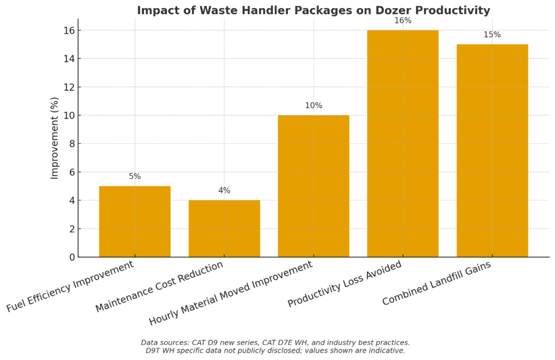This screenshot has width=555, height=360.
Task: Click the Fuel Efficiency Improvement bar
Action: tap(134, 221)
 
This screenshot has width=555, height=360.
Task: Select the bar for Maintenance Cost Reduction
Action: tap(224, 228)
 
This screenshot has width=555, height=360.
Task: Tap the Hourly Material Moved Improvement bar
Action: tap(313, 186)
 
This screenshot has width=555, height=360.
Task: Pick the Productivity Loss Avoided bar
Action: tap(403, 143)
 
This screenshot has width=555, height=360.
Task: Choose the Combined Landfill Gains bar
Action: tap(492, 150)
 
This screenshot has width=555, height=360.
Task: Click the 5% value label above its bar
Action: tap(134, 177)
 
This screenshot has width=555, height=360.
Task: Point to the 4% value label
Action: tap(224, 191)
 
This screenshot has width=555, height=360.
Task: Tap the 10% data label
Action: tap(313, 106)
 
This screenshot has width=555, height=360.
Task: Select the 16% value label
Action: tap(403, 21)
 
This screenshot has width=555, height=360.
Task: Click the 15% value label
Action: tap(492, 35)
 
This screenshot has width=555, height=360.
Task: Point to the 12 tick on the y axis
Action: tap(69, 87)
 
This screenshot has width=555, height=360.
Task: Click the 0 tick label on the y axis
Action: tap(72, 257)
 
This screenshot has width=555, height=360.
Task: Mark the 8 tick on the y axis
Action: tap(72, 144)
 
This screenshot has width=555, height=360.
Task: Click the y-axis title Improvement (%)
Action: tap(55, 138)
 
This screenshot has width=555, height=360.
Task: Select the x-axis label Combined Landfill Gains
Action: tap(436, 283)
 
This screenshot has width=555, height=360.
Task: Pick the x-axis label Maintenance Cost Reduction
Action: tap(159, 287)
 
